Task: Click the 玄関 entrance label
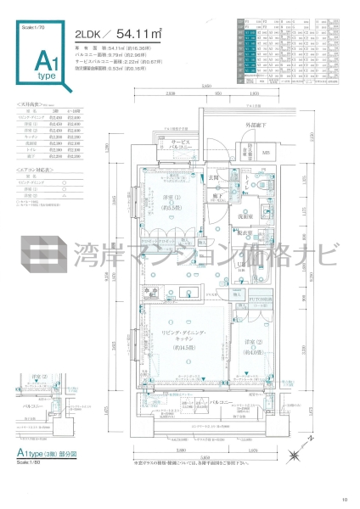217,178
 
